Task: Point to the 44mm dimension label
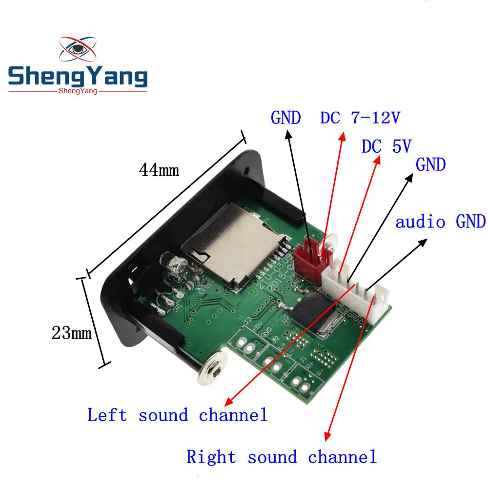[x=159, y=170]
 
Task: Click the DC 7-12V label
[x=362, y=118]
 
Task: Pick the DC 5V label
[x=386, y=146]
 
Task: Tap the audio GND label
[x=440, y=222]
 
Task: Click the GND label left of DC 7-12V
[x=285, y=118]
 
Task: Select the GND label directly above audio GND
[x=430, y=165]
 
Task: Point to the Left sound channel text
[x=178, y=415]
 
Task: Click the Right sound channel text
[x=282, y=457]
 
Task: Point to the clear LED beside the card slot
[x=179, y=266]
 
